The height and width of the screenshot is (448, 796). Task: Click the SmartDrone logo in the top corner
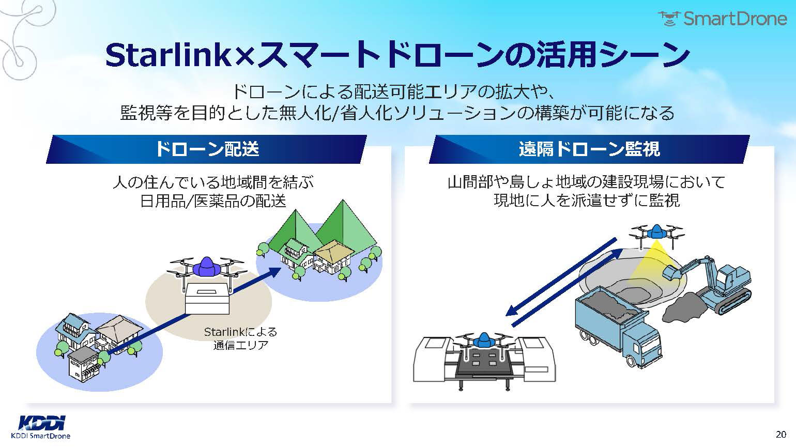(x=722, y=19)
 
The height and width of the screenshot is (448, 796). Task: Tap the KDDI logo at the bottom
(x=41, y=423)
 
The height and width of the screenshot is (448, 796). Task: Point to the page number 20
(x=780, y=434)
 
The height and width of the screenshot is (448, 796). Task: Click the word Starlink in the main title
(x=167, y=55)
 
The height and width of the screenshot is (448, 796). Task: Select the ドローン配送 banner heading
(x=207, y=149)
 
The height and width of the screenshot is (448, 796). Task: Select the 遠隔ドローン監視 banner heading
(x=589, y=149)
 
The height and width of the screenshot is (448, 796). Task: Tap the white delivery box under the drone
(x=208, y=299)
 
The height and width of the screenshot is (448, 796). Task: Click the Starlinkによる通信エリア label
(x=240, y=338)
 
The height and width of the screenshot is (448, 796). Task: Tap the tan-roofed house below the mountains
(x=332, y=256)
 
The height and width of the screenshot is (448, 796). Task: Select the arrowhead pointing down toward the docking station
(x=512, y=311)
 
